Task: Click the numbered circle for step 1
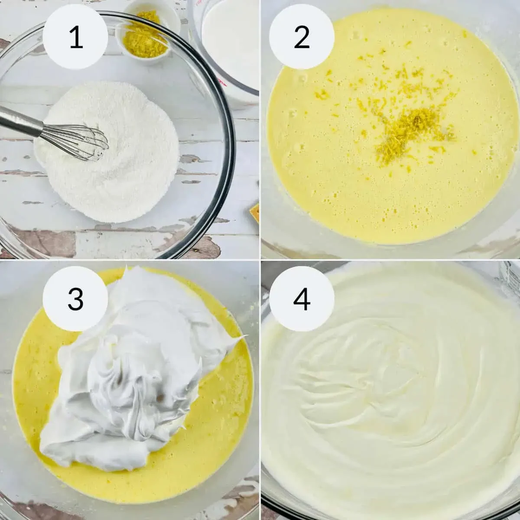(75, 37)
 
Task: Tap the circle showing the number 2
(302, 37)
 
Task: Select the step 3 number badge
(75, 299)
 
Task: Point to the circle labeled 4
(302, 299)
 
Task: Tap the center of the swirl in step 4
(373, 381)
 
